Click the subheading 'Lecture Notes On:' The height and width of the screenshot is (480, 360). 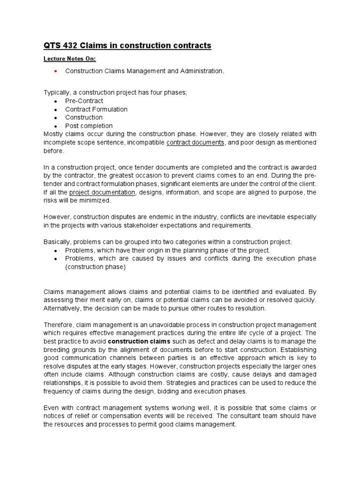[x=69, y=59]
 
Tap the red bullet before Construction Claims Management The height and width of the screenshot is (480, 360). [x=56, y=71]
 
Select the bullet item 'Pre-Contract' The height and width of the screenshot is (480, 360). [x=84, y=101]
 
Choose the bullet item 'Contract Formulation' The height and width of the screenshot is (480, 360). [x=96, y=109]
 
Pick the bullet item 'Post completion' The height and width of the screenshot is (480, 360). [x=89, y=126]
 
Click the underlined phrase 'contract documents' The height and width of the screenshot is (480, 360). [x=195, y=142]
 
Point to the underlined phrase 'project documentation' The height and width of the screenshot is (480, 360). [x=103, y=192]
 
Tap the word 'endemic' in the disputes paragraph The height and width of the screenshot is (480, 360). [x=167, y=217]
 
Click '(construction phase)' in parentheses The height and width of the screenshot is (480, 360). [x=95, y=267]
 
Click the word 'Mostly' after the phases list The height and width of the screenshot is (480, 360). [x=53, y=134]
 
